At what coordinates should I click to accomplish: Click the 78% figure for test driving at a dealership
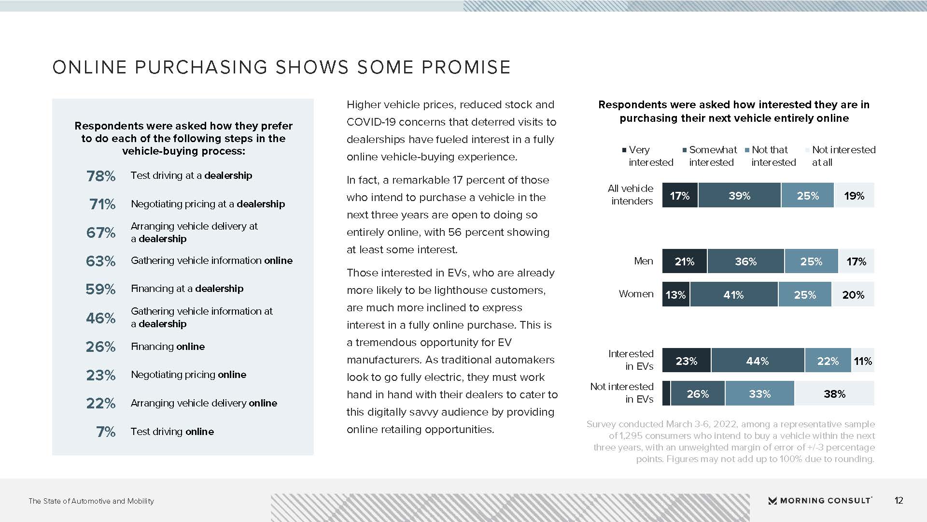[x=100, y=176]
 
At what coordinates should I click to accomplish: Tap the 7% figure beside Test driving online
[x=106, y=432]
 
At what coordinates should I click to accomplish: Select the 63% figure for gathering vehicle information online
[x=100, y=261]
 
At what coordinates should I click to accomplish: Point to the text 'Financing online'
[x=168, y=347]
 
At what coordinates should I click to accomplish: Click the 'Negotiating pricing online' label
[x=188, y=375]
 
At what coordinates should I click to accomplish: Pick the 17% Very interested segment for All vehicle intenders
[x=679, y=196]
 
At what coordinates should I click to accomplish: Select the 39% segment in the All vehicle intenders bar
[x=739, y=196]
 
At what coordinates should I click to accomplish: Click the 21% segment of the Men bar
[x=684, y=261]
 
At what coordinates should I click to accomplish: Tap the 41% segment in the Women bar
[x=733, y=295]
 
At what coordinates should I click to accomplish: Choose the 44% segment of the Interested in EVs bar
[x=757, y=361]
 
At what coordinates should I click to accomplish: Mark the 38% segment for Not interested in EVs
[x=834, y=394]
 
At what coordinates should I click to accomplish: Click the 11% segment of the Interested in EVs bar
[x=863, y=361]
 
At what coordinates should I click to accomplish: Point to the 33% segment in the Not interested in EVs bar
[x=759, y=394]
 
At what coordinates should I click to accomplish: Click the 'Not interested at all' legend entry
[x=842, y=156]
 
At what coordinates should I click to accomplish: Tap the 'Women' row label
[x=636, y=294]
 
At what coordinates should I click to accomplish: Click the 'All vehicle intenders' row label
[x=631, y=195]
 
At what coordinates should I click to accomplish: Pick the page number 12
[x=899, y=501]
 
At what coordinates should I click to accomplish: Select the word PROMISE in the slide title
[x=466, y=68]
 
